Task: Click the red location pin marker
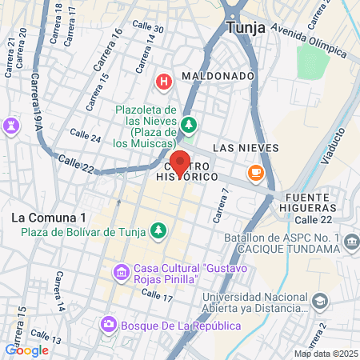(x=180, y=162)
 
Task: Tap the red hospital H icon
(x=164, y=81)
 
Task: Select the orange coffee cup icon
(x=256, y=171)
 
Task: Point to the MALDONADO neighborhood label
(x=218, y=76)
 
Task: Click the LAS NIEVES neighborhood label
(x=246, y=148)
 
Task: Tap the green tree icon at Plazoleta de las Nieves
(x=189, y=124)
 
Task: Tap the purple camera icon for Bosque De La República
(x=108, y=326)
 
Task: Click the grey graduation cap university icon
(x=320, y=302)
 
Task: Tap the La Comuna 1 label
(x=50, y=218)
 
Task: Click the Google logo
(x=26, y=350)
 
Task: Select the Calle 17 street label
(x=157, y=296)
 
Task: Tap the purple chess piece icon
(x=10, y=126)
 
